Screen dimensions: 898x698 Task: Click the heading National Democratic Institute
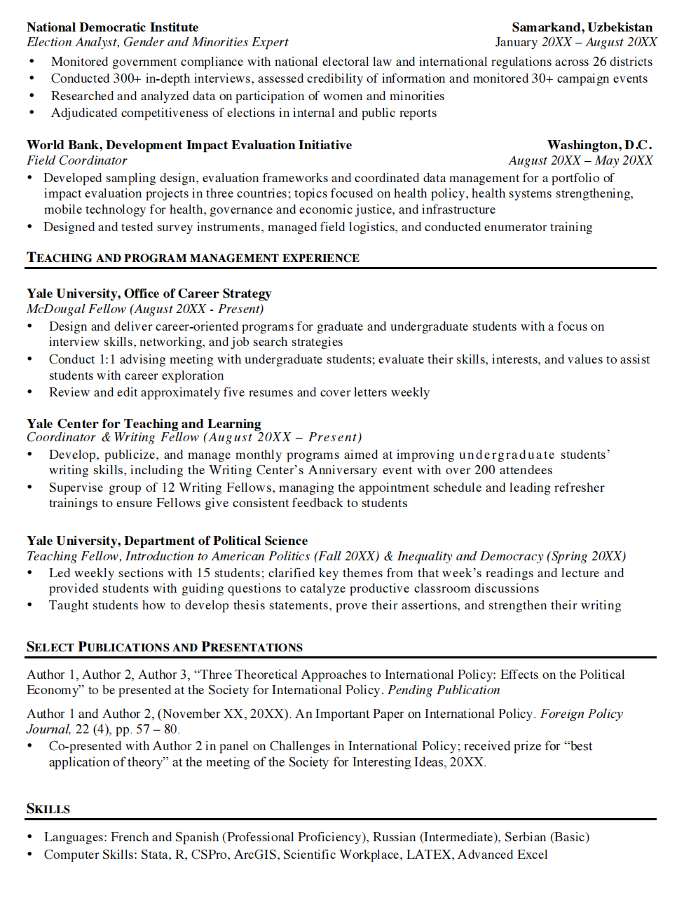point(112,27)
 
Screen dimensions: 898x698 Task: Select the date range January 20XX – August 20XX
point(575,42)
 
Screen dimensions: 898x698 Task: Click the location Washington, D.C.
point(599,145)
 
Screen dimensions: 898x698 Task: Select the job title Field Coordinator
point(77,160)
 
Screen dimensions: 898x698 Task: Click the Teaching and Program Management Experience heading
point(193,258)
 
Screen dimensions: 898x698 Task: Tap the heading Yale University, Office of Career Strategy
point(149,293)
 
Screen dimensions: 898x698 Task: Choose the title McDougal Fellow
point(76,309)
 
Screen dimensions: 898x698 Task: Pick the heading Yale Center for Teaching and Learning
point(144,423)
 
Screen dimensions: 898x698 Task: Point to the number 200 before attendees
point(485,470)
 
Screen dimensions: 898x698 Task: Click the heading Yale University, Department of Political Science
point(167,541)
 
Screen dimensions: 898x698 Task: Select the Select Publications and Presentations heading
point(165,647)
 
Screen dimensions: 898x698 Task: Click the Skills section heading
point(48,809)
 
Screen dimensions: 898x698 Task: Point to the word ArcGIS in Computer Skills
point(255,855)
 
